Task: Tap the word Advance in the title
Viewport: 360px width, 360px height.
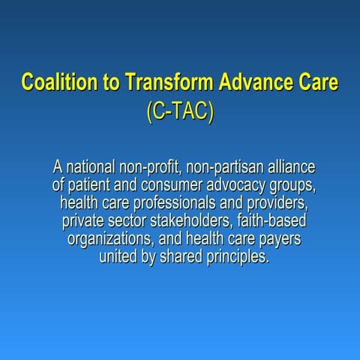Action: (x=239, y=82)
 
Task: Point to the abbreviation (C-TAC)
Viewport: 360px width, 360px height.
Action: (x=180, y=110)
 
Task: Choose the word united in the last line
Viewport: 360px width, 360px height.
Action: (x=118, y=257)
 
